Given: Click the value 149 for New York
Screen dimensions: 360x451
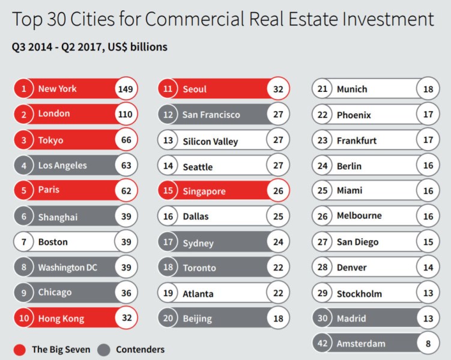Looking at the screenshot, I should [126, 89].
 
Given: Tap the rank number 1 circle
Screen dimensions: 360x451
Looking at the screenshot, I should [23, 89].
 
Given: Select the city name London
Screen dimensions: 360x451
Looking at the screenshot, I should [54, 113].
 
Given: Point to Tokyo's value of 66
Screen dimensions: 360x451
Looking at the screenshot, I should [126, 140].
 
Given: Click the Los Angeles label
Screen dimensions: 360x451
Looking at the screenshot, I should [62, 166].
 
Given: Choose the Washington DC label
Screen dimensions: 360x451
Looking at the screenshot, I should [67, 267].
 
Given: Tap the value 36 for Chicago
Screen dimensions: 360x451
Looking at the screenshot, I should [126, 293].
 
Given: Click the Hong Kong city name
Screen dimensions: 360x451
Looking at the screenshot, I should [61, 319].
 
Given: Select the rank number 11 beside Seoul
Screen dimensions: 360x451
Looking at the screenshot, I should [169, 89].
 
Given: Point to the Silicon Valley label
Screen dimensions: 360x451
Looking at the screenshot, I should [210, 142].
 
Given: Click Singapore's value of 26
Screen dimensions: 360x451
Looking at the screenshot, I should [277, 191].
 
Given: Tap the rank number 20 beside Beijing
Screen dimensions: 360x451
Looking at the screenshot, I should [169, 319].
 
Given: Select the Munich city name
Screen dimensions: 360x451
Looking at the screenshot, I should [352, 89].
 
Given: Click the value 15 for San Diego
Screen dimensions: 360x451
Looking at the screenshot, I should [428, 242].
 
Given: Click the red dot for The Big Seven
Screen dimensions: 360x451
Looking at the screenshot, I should [20, 349].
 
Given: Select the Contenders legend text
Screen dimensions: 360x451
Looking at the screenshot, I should [140, 349].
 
